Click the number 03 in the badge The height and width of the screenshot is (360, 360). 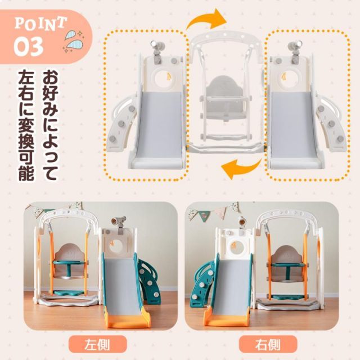28,47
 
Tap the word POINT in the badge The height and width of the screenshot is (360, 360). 40,24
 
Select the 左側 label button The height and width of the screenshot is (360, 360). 97,344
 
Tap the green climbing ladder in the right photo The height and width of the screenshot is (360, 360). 204,283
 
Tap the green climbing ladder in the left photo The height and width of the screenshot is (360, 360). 149,281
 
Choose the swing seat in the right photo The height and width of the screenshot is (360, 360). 286,264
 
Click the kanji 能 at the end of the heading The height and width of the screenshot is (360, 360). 26,173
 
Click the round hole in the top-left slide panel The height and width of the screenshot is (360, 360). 165,79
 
